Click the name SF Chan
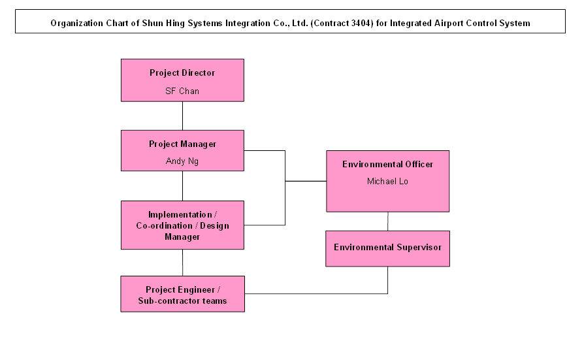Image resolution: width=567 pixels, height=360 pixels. [x=182, y=91]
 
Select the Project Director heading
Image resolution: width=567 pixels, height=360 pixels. [x=182, y=73]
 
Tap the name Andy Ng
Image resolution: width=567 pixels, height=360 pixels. [x=182, y=161]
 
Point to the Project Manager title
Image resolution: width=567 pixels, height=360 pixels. [x=182, y=144]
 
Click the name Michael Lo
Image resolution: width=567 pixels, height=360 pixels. [x=387, y=181]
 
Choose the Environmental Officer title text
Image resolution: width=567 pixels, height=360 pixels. [x=387, y=164]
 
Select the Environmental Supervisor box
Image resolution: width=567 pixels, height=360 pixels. [x=387, y=249]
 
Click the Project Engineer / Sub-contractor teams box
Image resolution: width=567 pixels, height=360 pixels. [x=183, y=294]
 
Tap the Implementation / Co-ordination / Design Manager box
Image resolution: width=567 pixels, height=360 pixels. [x=183, y=225]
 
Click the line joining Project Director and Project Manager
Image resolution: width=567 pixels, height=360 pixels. [x=183, y=116]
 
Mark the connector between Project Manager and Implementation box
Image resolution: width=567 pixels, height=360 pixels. [x=183, y=186]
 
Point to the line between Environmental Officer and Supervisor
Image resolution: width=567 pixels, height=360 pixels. [x=388, y=221]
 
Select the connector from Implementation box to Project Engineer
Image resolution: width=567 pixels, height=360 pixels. [x=183, y=263]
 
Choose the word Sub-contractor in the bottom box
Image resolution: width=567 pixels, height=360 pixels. [x=165, y=301]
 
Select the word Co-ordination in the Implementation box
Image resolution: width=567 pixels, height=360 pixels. [x=164, y=226]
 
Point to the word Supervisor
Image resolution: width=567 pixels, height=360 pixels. [x=419, y=248]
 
